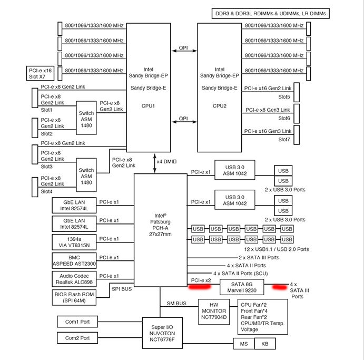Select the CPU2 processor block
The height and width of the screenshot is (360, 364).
pos(220,87)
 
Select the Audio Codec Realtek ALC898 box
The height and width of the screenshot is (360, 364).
pos(74,279)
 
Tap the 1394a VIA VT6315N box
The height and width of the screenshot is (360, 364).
pos(74,241)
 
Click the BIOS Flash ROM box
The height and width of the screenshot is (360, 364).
pos(74,298)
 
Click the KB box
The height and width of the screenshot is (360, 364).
pos(264,344)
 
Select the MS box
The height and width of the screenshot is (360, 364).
pos(243,344)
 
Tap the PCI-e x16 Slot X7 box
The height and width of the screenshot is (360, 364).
pos(40,73)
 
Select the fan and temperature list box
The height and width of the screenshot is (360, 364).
pos(262,317)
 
